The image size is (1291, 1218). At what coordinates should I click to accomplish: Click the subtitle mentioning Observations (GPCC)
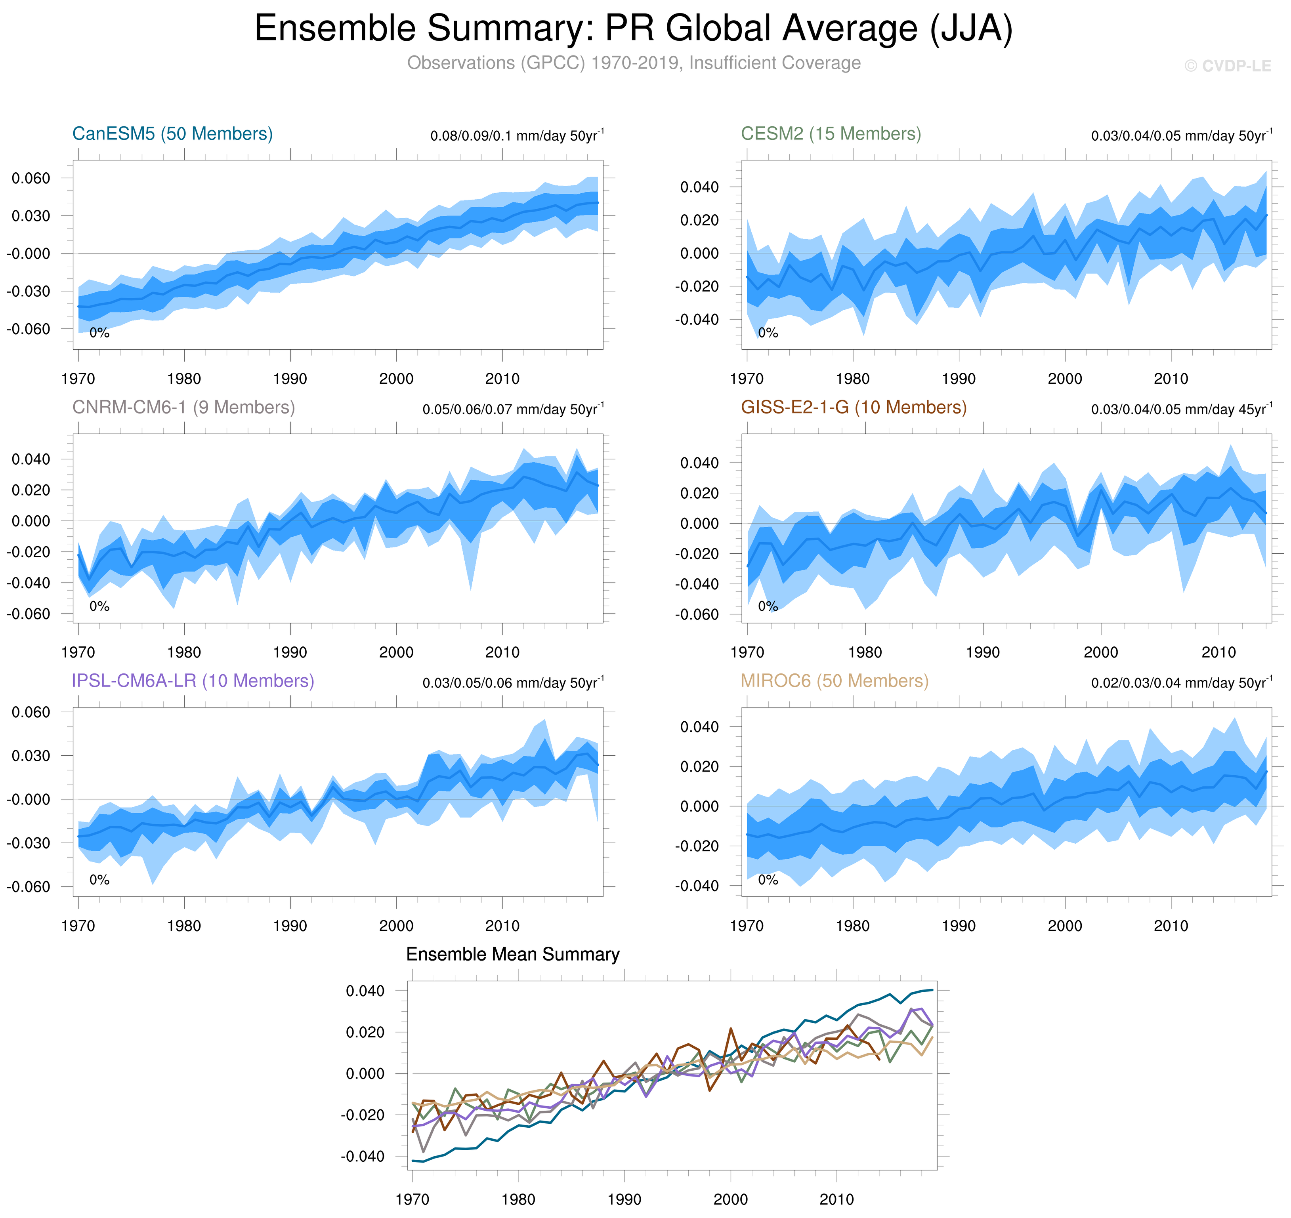633,63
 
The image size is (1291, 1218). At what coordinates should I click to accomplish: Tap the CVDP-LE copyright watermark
1227,66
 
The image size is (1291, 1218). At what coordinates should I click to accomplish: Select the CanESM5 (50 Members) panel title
172,134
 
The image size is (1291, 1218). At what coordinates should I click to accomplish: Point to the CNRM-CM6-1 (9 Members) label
183,407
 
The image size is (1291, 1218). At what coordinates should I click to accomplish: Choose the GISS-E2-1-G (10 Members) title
853,407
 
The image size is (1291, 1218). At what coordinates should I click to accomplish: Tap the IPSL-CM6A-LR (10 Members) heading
193,680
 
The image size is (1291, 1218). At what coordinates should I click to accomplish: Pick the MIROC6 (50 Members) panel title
835,680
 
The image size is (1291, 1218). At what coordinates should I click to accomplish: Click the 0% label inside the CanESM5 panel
99,333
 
